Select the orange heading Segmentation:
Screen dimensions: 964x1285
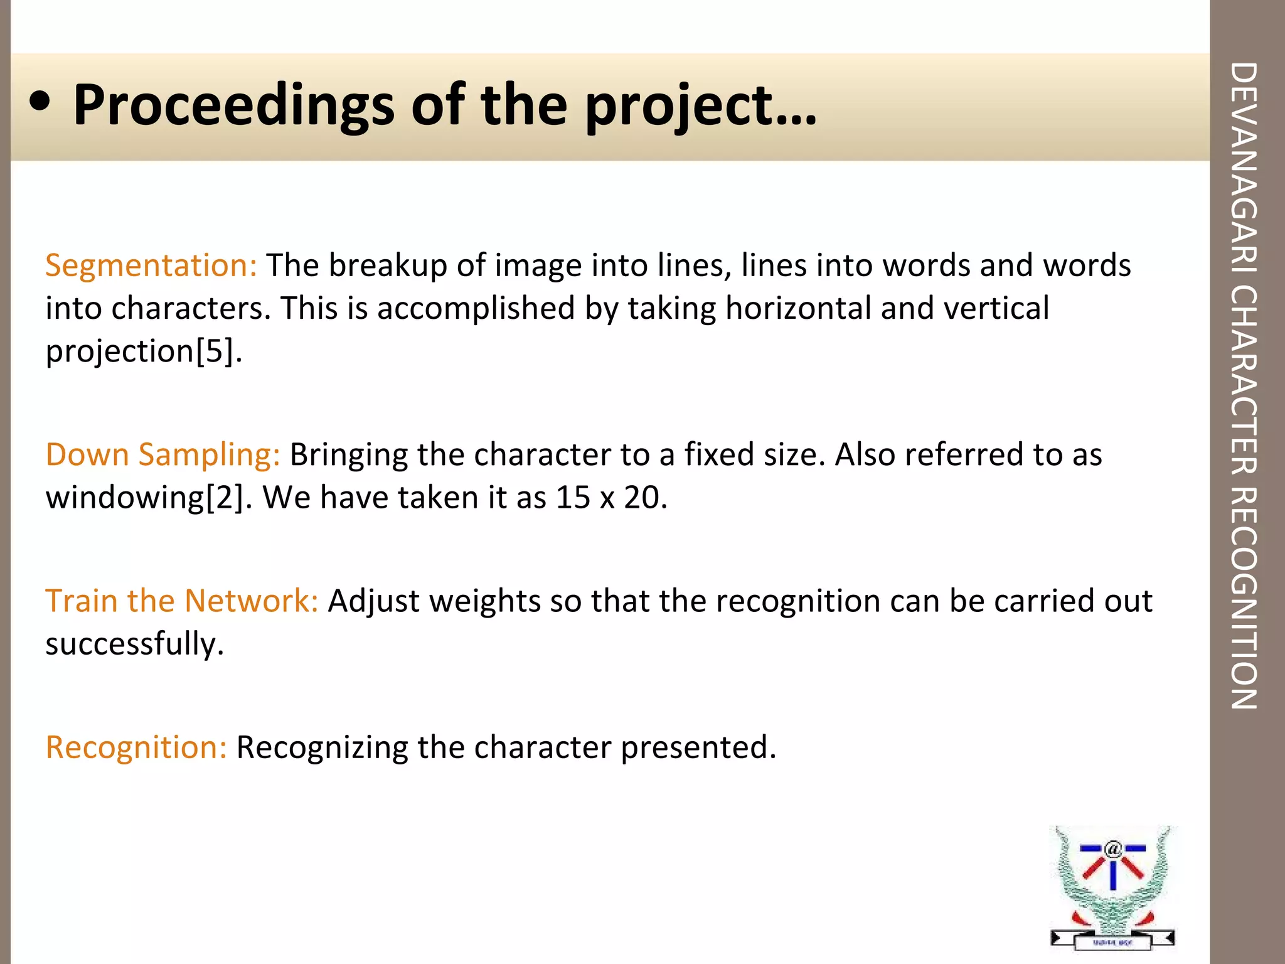151,265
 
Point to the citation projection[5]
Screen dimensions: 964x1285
144,351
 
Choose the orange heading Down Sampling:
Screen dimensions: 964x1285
163,454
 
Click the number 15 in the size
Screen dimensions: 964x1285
573,498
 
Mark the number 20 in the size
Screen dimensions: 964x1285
641,498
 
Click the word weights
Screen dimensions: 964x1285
486,601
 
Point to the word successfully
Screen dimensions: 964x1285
134,645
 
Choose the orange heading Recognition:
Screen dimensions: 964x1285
136,747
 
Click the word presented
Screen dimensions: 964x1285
698,747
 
